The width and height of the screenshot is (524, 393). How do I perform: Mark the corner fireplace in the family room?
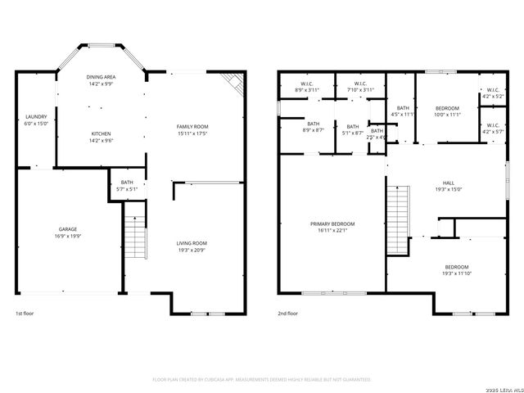click(x=234, y=81)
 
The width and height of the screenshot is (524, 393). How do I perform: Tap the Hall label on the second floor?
click(x=448, y=186)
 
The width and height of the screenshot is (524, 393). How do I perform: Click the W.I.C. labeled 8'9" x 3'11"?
click(x=307, y=86)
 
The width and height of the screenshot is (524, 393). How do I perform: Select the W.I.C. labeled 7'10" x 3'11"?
click(x=360, y=86)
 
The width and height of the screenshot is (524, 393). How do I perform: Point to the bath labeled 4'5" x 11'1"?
click(x=403, y=111)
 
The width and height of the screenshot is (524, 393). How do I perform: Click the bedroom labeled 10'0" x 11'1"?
click(x=447, y=111)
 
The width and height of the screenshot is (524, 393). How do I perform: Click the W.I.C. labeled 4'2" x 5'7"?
click(x=493, y=128)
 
